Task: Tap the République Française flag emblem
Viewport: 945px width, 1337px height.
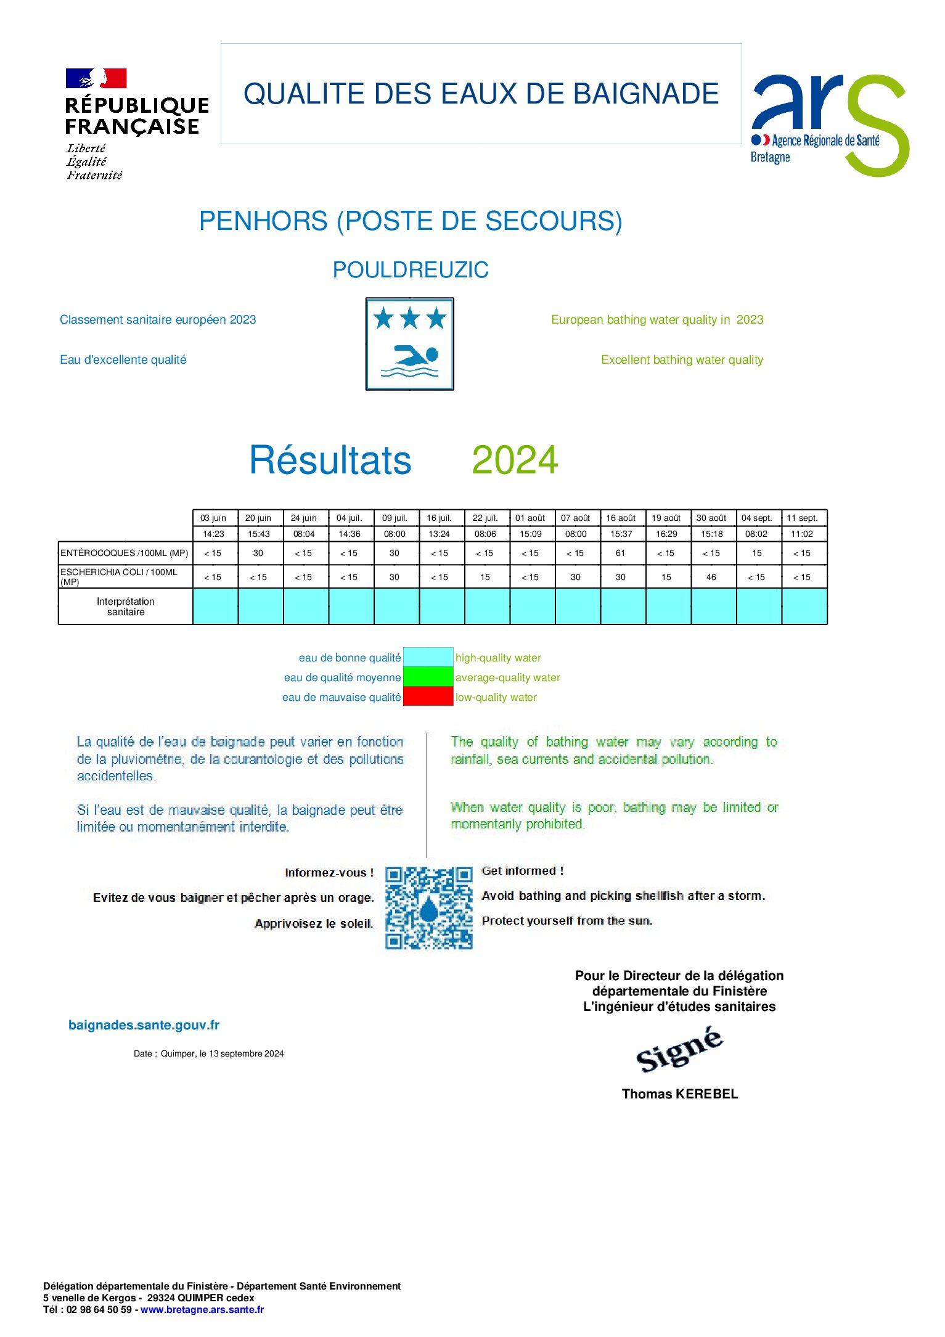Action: click(x=96, y=78)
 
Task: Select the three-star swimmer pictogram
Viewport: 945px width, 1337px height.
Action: click(x=410, y=344)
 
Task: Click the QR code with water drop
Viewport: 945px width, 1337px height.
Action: click(x=429, y=907)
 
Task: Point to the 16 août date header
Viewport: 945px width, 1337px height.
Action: click(x=621, y=518)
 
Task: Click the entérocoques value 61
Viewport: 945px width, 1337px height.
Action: click(x=621, y=553)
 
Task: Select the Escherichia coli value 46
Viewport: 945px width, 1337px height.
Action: click(x=711, y=577)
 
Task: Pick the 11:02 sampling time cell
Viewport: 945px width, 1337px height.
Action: click(x=802, y=534)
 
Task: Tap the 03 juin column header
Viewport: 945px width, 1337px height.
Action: click(x=213, y=518)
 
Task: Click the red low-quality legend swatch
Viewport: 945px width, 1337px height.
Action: click(x=428, y=697)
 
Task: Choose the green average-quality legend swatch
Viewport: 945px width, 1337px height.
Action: click(x=428, y=677)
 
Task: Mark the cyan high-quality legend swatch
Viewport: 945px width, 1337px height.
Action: click(x=428, y=657)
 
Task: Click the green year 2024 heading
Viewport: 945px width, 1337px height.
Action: click(x=515, y=460)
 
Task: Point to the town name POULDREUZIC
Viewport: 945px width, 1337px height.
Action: click(x=411, y=270)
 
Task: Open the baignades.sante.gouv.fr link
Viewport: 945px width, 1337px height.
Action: click(x=144, y=1025)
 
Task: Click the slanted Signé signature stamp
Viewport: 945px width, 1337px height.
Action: click(x=679, y=1050)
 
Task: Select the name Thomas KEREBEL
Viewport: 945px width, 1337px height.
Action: click(x=680, y=1094)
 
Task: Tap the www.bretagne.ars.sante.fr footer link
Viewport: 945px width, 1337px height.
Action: click(x=202, y=1309)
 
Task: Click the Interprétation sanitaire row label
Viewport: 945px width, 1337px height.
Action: click(x=126, y=607)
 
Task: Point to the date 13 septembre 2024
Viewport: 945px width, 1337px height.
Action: click(x=246, y=1053)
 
